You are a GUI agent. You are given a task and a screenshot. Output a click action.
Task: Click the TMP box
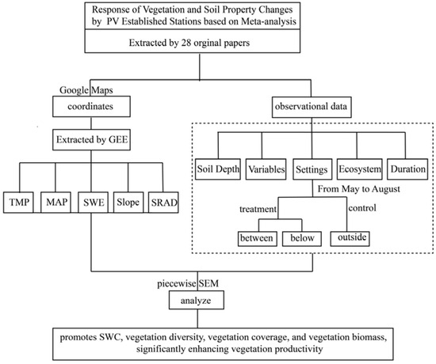18,203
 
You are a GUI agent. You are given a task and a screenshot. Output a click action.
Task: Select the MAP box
56,203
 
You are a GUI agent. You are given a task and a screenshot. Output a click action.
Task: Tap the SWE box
94,203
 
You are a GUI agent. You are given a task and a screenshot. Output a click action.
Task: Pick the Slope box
128,203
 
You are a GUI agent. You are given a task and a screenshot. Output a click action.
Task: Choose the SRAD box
163,203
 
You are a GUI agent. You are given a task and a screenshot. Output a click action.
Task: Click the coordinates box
91,106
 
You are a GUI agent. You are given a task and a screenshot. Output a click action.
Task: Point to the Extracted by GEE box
91,139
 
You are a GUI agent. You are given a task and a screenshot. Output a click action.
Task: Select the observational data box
312,107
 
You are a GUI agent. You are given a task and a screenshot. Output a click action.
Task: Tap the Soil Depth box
218,169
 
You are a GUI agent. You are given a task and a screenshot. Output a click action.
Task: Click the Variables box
266,169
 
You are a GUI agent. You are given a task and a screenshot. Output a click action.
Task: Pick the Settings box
312,169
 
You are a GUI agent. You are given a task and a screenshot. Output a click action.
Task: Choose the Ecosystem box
360,169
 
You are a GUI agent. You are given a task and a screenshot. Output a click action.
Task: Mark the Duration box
407,169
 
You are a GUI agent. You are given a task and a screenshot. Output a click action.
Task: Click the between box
258,238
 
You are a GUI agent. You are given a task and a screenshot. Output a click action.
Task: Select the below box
302,238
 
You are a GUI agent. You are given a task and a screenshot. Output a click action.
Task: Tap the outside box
350,238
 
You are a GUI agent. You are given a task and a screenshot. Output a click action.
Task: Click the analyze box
197,300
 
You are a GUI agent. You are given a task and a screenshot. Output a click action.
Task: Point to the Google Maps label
86,90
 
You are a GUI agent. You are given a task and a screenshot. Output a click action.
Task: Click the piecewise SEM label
188,284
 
